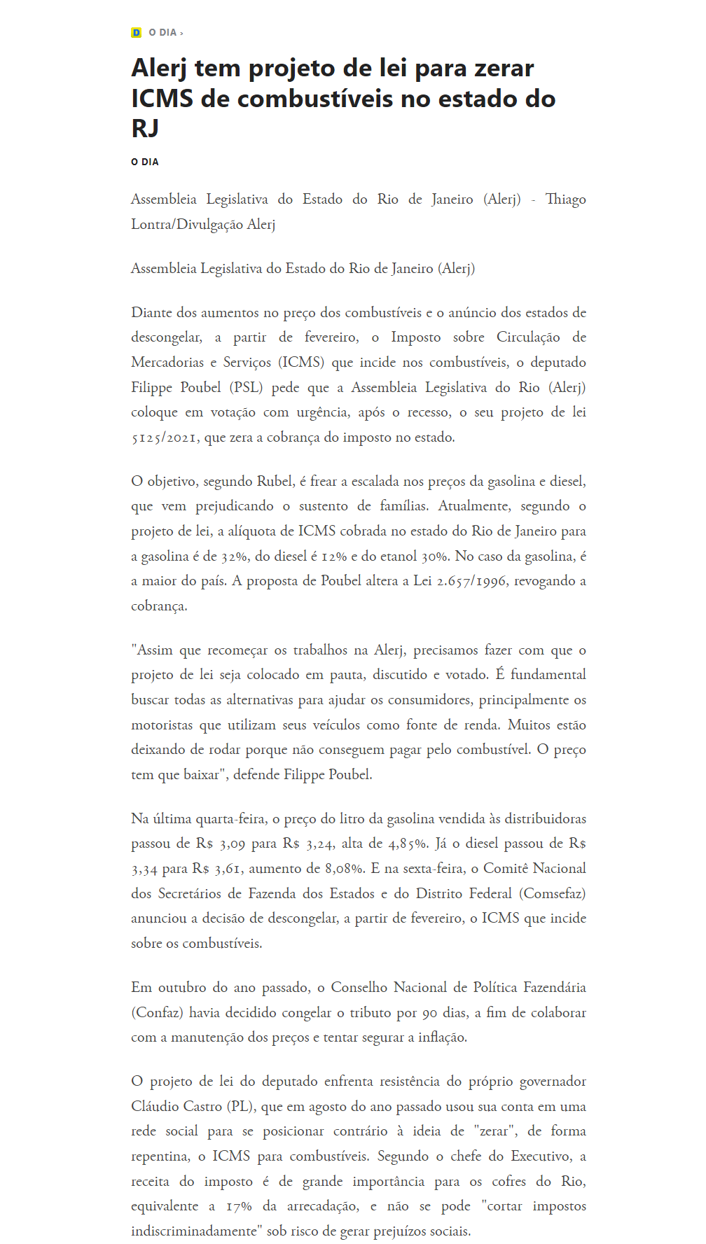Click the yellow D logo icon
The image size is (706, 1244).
(x=136, y=33)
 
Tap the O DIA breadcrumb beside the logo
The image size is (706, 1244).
(x=162, y=33)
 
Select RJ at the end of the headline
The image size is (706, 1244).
(x=145, y=129)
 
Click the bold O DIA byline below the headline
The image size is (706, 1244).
(x=145, y=162)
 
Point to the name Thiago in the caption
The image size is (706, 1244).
(x=565, y=200)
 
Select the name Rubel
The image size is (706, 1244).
(x=275, y=482)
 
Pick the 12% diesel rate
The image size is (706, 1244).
(x=336, y=557)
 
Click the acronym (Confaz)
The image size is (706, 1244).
(x=157, y=1013)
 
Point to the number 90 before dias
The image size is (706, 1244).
(x=429, y=1013)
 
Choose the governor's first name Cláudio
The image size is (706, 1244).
(x=157, y=1107)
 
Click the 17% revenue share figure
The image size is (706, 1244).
(x=239, y=1206)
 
